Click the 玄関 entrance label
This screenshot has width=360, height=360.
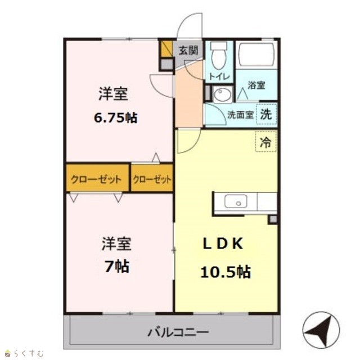click(188, 50)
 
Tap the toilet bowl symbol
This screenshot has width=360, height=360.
click(219, 56)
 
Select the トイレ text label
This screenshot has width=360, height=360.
click(219, 76)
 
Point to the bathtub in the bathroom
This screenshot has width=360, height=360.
click(256, 54)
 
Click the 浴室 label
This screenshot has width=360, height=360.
click(256, 85)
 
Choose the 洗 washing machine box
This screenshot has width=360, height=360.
click(266, 114)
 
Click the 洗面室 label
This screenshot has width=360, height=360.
click(240, 115)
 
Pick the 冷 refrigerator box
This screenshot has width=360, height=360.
click(266, 141)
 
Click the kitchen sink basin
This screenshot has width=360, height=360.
click(236, 201)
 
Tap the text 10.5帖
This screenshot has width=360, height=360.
click(226, 272)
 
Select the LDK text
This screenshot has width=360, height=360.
click(223, 244)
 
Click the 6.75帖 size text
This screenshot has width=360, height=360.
click(116, 118)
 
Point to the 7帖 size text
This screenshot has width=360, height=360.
click(116, 267)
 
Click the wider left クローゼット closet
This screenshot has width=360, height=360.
click(97, 178)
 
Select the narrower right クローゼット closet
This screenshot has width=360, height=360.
click(152, 178)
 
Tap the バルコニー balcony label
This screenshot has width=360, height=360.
click(178, 332)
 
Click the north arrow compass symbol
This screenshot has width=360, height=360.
click(321, 330)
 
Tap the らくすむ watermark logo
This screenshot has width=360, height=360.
click(24, 353)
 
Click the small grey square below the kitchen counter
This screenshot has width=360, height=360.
click(273, 220)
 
